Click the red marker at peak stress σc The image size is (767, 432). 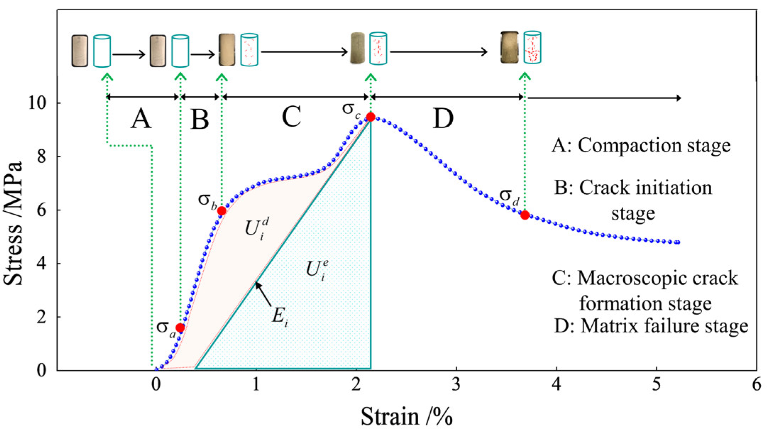pos(371,117)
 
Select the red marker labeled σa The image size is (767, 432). pos(180,328)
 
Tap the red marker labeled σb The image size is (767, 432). pos(222,211)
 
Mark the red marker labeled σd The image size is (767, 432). pos(525,215)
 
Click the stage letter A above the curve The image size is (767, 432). pos(141,118)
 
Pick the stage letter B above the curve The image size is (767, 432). pos(200,119)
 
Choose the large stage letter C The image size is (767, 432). pos(291,117)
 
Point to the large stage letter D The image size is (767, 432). pos(443,118)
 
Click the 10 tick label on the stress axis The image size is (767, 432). pos(37,103)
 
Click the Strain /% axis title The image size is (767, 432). pos(407,416)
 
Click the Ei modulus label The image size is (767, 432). pos(280,315)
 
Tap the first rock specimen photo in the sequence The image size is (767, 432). pos(79,51)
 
